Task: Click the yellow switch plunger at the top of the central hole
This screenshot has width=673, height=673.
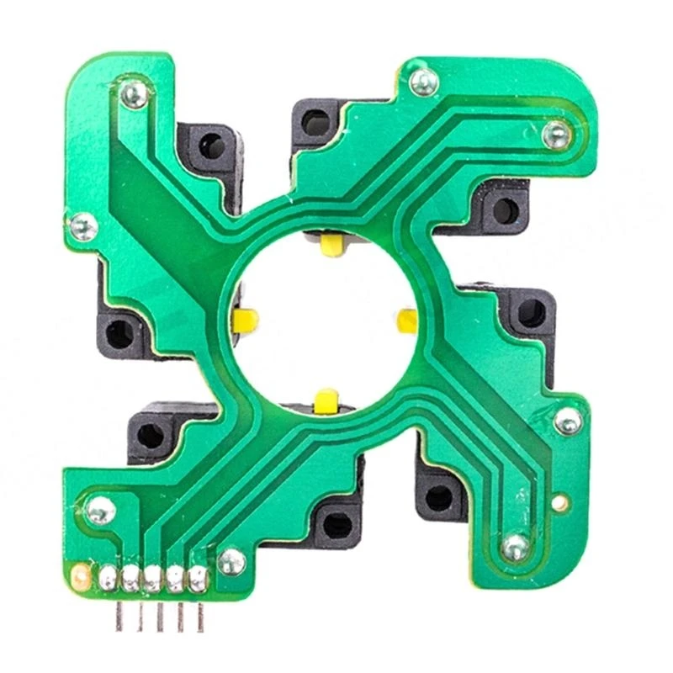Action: (x=333, y=245)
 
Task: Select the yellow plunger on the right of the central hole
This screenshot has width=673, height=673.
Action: (x=408, y=321)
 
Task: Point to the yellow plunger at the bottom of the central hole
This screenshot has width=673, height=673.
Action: (x=326, y=400)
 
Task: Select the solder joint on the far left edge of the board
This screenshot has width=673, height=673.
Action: (x=82, y=225)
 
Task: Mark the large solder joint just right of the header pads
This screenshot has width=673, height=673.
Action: (x=231, y=561)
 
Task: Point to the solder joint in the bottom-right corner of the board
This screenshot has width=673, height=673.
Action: (x=515, y=548)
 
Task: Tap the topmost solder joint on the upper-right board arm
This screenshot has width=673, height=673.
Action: (x=423, y=82)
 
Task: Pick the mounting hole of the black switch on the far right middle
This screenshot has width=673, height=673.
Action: (x=530, y=314)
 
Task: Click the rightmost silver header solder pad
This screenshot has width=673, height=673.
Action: (x=198, y=578)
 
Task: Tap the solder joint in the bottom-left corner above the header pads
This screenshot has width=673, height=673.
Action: (x=100, y=510)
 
